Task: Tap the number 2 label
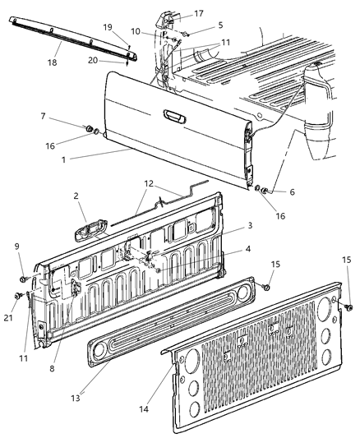click(x=75, y=197)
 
